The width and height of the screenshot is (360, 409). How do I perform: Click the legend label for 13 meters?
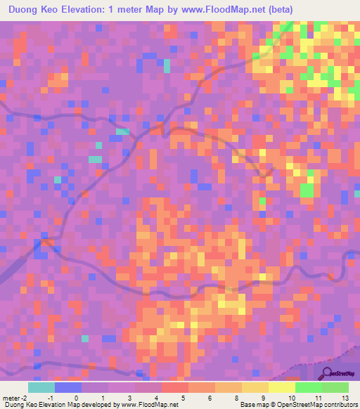[346, 398]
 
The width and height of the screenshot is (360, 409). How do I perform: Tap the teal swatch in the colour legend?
[41, 387]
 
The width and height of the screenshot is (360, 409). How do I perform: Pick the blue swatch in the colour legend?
[68, 387]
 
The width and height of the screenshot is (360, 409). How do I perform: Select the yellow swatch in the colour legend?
[281, 387]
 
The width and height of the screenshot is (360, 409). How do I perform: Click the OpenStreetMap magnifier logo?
[328, 373]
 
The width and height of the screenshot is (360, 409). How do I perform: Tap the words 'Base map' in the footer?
[252, 405]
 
